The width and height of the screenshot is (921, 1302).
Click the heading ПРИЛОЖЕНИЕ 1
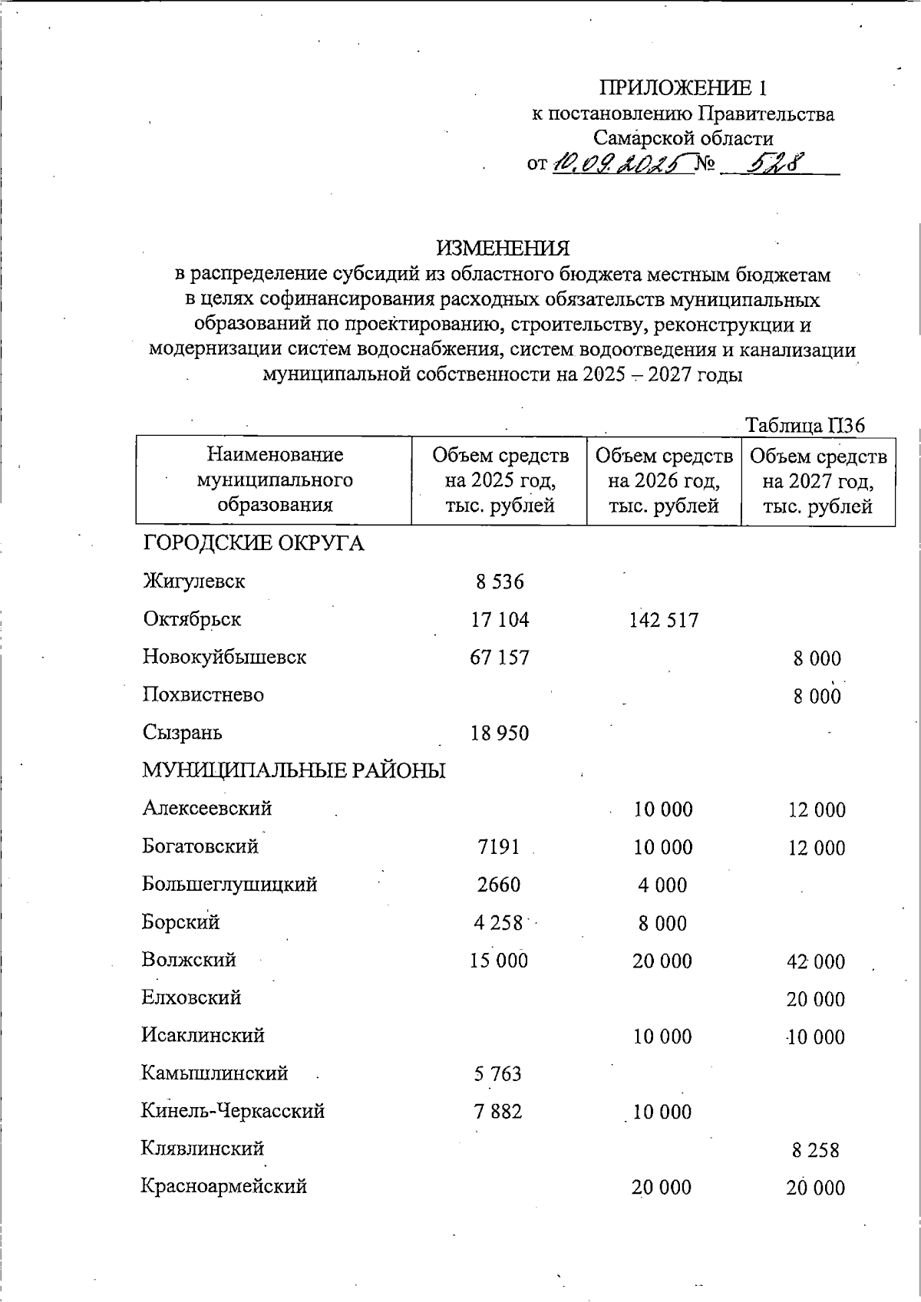pos(682,86)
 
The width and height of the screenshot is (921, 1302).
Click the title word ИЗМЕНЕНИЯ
pos(503,249)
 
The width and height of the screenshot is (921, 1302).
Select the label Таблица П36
pos(805,425)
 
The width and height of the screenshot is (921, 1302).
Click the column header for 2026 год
pos(664,480)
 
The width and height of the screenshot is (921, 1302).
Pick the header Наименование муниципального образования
pos(275,480)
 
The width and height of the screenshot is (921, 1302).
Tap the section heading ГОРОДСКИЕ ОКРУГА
pos(253,544)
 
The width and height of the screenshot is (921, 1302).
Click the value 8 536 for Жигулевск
pos(500,582)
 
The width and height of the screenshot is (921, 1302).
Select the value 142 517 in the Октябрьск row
pos(664,621)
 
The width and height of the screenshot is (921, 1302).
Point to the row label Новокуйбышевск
pos(224,658)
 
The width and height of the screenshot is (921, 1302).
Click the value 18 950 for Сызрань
pos(500,733)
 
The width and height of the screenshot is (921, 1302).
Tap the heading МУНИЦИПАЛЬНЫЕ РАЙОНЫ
pos(294,770)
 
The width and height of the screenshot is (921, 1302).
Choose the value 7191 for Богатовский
pos(499,847)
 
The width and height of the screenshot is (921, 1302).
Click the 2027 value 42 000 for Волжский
pos(816,961)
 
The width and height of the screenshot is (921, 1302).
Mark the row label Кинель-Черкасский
pos(233,1111)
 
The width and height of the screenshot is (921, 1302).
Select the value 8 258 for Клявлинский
pos(815,1150)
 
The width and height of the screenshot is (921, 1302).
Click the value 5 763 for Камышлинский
pos(498,1074)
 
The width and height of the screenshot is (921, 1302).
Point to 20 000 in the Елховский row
pos(816,999)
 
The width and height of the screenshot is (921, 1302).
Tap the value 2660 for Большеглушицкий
pos(499,885)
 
